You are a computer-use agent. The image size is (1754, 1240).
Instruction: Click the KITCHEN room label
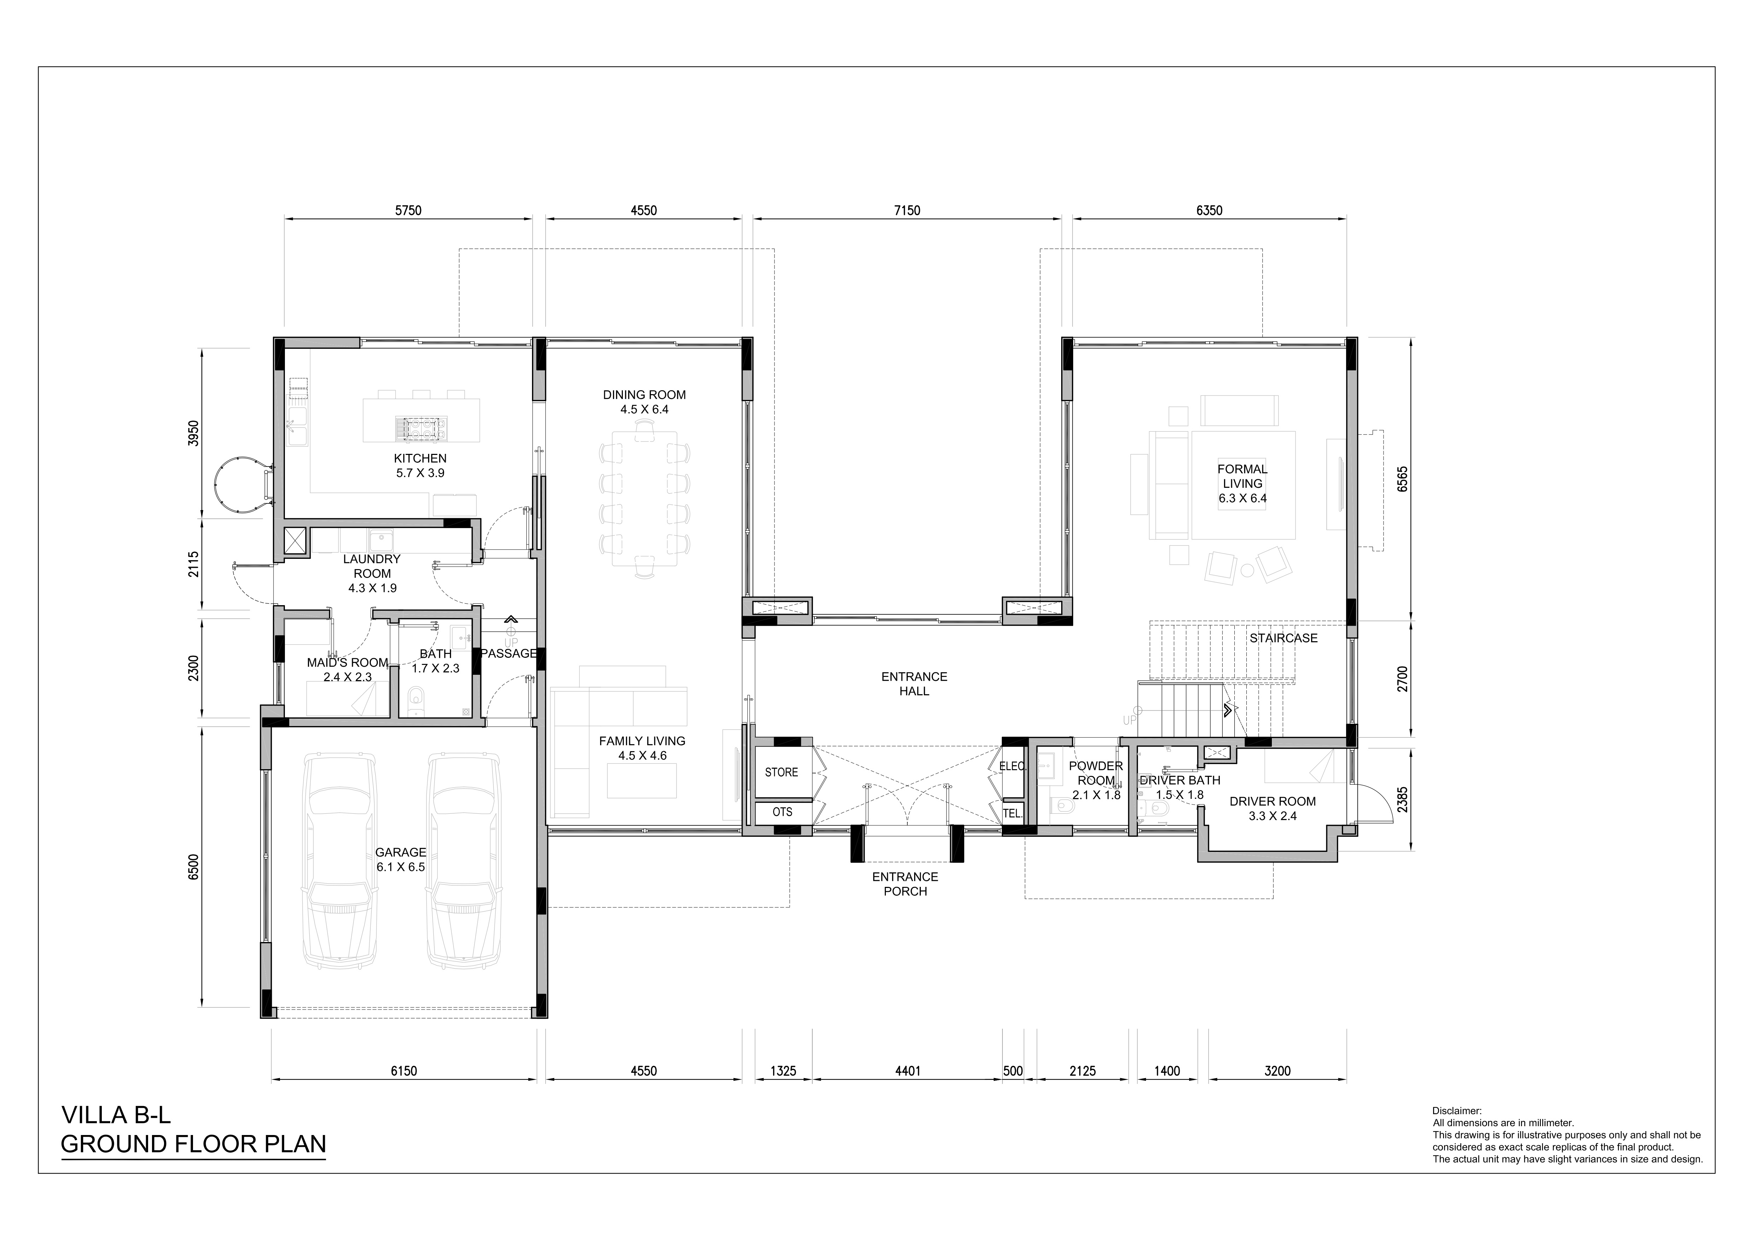[420, 458]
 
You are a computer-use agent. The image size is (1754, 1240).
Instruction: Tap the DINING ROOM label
[644, 395]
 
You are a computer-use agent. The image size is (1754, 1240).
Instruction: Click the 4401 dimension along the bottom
[907, 1071]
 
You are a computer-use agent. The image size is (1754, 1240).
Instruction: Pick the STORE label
[782, 772]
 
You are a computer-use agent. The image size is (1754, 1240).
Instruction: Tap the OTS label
[782, 812]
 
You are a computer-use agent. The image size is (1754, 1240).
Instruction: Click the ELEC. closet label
[1012, 766]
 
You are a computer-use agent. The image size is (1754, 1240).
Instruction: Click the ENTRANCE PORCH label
[905, 884]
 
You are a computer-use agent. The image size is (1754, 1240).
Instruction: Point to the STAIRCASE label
[1284, 638]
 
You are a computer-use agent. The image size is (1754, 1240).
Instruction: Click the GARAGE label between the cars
[400, 853]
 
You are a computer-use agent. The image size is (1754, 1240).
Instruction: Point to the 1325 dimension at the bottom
[783, 1071]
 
